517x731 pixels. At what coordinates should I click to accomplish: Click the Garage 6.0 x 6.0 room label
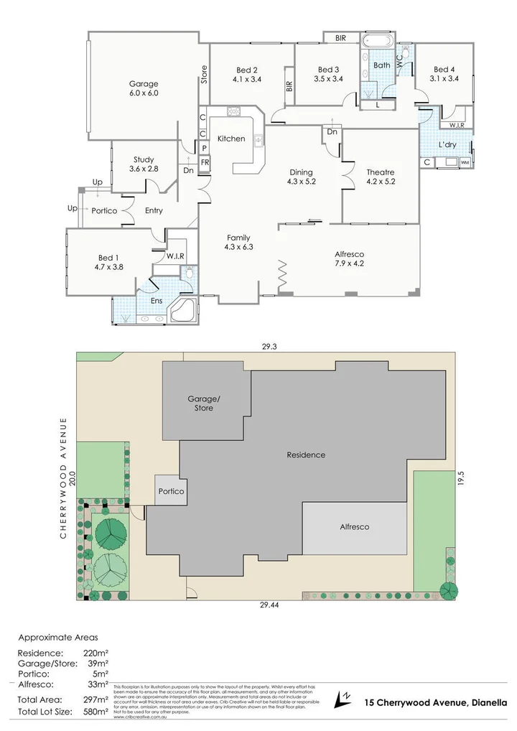143,88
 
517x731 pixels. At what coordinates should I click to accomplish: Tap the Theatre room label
381,177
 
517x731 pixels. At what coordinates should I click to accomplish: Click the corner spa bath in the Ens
182,310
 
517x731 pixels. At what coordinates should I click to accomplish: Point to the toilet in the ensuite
188,273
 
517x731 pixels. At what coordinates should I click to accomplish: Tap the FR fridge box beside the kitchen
205,162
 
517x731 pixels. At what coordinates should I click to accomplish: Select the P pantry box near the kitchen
204,148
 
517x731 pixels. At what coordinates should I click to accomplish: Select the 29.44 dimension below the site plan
269,605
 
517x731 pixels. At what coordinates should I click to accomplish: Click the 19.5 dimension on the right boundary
463,479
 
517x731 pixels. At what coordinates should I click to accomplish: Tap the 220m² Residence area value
98,653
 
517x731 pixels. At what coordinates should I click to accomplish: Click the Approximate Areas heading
59,637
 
